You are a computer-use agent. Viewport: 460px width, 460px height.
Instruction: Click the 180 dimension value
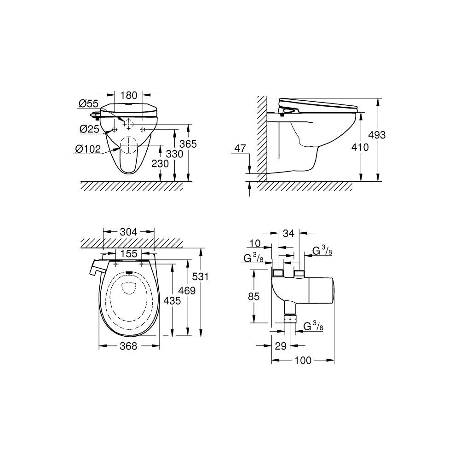(x=128, y=95)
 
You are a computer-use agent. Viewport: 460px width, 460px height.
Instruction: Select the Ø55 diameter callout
(x=88, y=103)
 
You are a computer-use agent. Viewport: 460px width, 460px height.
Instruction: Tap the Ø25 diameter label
(x=90, y=129)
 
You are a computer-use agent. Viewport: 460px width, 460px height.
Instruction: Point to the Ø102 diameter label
(x=88, y=149)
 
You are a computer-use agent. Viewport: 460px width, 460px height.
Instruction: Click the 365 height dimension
(x=188, y=144)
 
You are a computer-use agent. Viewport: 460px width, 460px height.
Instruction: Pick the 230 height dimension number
(x=160, y=163)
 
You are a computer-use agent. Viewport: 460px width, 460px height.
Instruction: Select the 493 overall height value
(x=377, y=135)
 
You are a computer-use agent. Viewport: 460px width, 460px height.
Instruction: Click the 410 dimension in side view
(x=360, y=147)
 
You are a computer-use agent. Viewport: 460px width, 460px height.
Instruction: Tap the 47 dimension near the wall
(x=240, y=149)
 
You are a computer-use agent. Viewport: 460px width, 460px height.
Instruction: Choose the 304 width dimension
(x=128, y=232)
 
